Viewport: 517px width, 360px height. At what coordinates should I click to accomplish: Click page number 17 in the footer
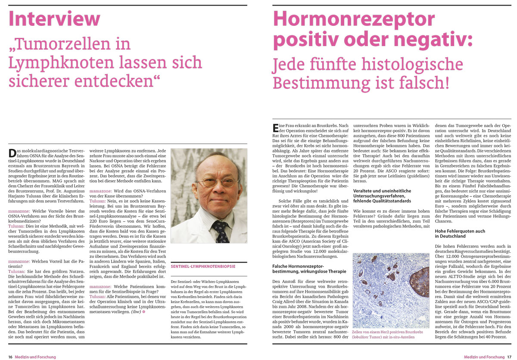(x=509, y=357)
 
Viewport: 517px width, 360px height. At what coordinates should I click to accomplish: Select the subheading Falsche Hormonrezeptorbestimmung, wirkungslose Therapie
(x=309, y=269)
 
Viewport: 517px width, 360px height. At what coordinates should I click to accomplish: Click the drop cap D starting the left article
(x=12, y=152)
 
